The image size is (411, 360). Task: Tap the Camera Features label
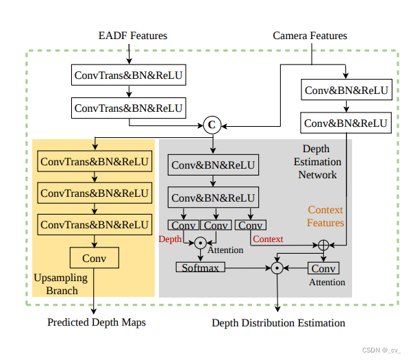(310, 36)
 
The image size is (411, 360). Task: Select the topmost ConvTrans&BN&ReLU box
(129, 74)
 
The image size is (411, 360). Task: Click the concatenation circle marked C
(212, 125)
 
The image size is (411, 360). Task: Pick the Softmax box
(201, 267)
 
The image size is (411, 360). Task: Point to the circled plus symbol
(323, 245)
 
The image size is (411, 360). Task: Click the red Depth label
(170, 239)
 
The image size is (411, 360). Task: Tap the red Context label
(268, 239)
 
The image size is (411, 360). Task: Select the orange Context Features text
(325, 216)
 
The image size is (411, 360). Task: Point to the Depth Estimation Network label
(317, 162)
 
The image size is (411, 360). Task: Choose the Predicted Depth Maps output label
(97, 322)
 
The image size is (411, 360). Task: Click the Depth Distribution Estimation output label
(278, 322)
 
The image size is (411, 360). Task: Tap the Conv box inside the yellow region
(94, 258)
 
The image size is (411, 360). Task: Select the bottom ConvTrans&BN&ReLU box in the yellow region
(95, 224)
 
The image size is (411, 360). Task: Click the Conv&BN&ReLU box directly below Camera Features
(347, 91)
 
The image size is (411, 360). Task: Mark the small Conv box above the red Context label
(251, 225)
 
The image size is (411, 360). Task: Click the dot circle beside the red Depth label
(200, 242)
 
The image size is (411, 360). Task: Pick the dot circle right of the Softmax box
(277, 267)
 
